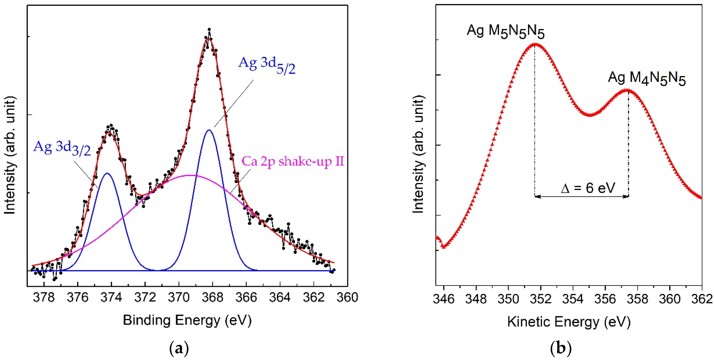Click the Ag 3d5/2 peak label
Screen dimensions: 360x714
267,65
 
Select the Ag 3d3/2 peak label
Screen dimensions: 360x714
62,148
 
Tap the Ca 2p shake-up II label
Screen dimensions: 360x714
292,161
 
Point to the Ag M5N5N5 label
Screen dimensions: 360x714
505,31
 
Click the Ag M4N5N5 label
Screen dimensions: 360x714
646,78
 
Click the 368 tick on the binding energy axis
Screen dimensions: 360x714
213,298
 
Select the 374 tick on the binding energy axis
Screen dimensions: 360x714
111,298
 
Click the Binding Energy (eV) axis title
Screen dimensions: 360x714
187,320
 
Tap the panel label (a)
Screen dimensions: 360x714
179,348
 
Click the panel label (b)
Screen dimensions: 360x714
560,348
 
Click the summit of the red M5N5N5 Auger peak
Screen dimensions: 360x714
535,44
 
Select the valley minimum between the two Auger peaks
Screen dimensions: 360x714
590,115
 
